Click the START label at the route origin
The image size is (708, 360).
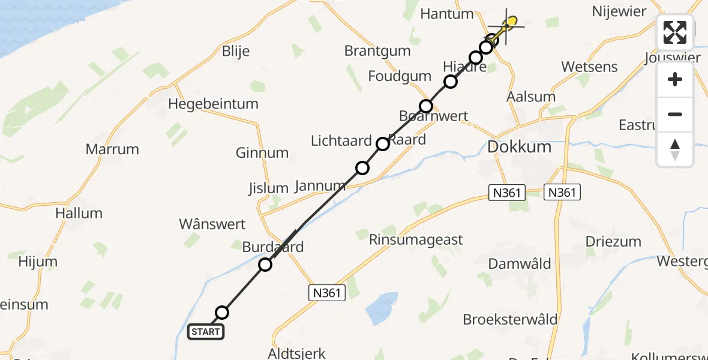pos(206,331)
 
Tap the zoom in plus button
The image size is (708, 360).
pos(675,79)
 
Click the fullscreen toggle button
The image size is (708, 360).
pos(675,32)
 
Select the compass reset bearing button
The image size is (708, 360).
pos(675,149)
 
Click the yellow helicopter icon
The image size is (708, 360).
pos(508,25)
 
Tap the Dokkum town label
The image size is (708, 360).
pos(519,147)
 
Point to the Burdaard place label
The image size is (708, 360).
pos(273,247)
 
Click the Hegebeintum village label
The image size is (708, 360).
pos(213,104)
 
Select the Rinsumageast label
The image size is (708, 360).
pos(416,240)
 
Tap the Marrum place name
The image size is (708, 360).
pos(112,149)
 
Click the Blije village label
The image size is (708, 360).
pos(236,52)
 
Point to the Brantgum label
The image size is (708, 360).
pos(377,50)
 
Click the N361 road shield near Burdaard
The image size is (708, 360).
pos(328,293)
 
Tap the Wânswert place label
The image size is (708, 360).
pos(212,224)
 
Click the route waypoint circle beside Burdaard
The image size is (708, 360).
pos(265,264)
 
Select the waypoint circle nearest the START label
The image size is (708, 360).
pos(222,312)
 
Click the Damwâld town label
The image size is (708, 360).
pos(520,263)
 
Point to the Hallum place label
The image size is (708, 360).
pos(79,213)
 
